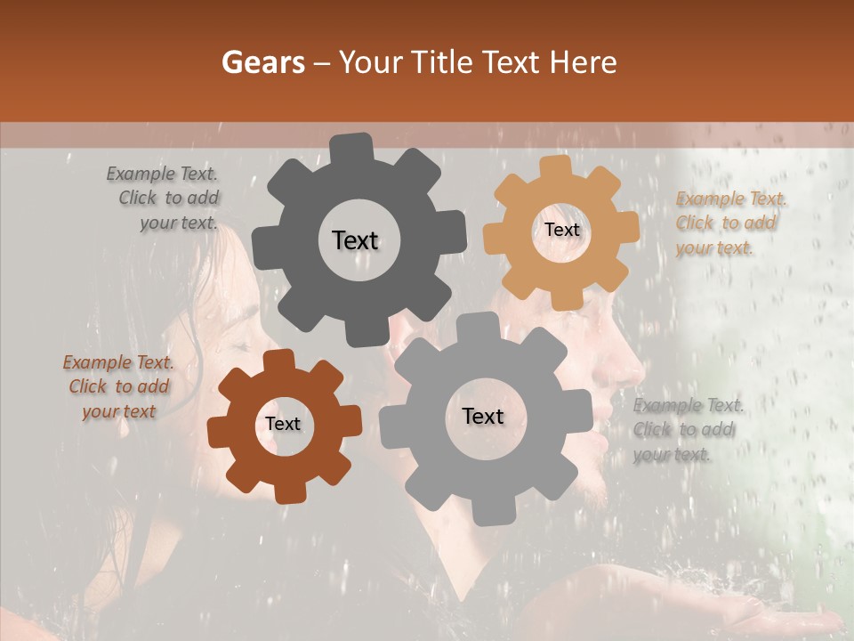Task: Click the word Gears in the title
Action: (262, 62)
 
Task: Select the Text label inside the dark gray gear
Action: (355, 240)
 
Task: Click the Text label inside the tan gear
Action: (561, 230)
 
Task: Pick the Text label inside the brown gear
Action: (283, 424)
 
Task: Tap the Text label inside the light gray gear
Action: (483, 416)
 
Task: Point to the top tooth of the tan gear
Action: (555, 166)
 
